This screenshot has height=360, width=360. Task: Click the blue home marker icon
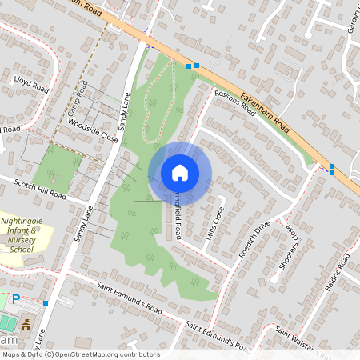(x=180, y=172)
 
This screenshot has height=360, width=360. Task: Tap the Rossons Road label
(x=234, y=105)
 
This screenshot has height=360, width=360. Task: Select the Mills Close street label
(x=214, y=218)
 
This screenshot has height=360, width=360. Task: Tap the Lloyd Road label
(x=30, y=80)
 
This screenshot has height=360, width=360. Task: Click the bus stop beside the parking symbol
(x=46, y=302)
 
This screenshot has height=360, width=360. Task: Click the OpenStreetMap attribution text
(x=80, y=354)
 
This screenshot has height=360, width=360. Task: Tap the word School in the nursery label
(x=28, y=249)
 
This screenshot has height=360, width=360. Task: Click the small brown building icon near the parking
(x=26, y=325)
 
